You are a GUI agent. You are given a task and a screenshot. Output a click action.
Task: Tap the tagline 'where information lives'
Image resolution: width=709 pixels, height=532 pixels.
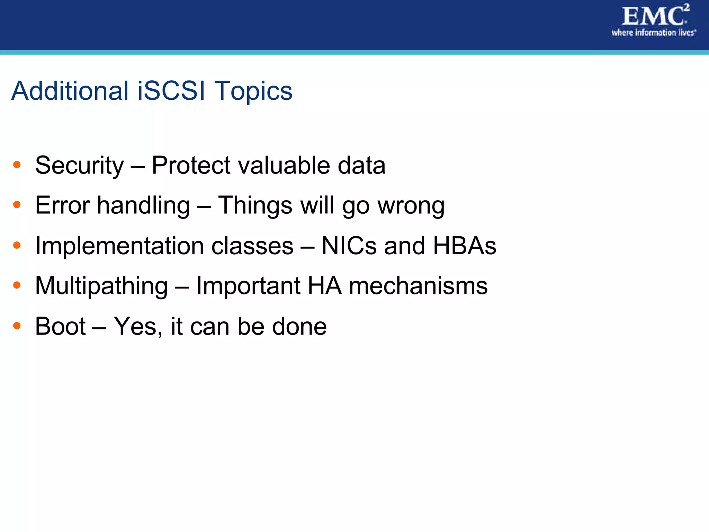[653, 33]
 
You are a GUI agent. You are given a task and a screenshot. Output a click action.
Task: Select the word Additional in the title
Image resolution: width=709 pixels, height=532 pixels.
[70, 91]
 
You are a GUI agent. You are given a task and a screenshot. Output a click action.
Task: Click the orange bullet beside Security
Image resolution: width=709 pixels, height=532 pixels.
[17, 165]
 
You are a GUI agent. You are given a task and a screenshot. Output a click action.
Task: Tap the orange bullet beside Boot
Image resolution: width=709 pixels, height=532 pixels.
[17, 326]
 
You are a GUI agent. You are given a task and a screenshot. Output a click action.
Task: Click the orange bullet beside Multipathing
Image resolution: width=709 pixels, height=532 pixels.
[17, 285]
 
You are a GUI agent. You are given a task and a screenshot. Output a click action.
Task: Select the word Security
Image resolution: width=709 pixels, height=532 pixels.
[79, 166]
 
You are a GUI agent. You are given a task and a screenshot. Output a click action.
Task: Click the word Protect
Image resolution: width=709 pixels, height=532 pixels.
[191, 165]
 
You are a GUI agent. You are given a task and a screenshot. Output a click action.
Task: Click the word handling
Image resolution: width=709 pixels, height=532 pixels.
[143, 206]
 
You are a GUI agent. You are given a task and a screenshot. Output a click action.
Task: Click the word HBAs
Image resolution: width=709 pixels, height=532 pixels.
[465, 246]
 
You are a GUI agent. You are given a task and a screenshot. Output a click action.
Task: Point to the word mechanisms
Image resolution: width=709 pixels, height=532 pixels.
[418, 286]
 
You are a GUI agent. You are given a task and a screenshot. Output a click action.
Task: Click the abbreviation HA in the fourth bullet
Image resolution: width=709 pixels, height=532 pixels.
[324, 286]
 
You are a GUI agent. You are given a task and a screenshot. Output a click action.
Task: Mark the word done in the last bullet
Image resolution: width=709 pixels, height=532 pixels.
[299, 327]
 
